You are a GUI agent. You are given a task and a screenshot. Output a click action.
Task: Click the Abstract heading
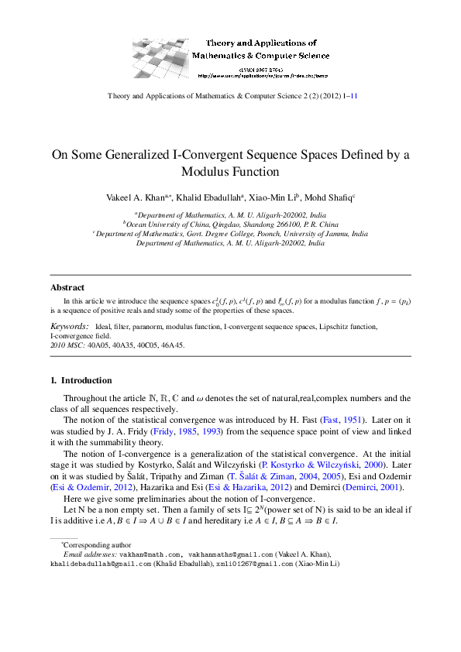click(x=67, y=287)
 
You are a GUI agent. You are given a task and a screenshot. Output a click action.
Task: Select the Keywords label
click(x=68, y=327)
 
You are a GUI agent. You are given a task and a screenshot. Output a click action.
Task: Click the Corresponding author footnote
click(x=91, y=524)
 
